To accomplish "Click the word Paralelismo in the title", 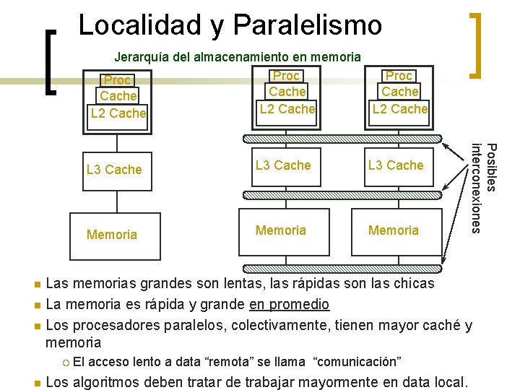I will coord(308,25).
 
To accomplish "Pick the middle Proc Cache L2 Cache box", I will coord(287,92).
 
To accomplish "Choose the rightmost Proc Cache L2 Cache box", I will coord(399,92).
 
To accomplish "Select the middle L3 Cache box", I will coord(283,165).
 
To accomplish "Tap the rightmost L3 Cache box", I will coord(396,165).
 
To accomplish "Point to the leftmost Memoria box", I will coord(112,234).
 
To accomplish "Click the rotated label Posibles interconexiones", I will coord(484,188).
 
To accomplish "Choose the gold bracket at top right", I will coord(475,45).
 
